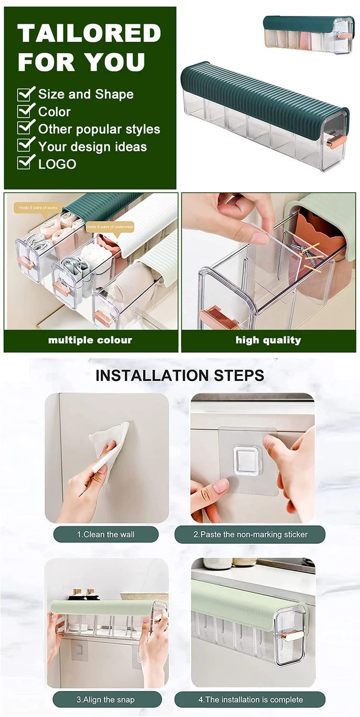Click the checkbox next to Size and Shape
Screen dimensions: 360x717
tap(25, 94)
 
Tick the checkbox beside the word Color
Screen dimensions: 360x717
tap(25, 111)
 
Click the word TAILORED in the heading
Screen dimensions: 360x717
tap(89, 33)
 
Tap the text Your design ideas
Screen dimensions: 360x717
tap(93, 147)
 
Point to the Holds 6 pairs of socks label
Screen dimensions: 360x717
tap(38, 208)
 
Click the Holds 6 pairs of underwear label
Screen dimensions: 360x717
tap(110, 227)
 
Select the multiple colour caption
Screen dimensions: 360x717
tap(90, 340)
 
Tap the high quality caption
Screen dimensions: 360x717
tap(268, 340)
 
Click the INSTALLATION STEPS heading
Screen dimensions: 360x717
tap(180, 375)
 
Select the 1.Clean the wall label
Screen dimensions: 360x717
tap(106, 534)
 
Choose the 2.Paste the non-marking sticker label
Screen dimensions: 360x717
tap(250, 534)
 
